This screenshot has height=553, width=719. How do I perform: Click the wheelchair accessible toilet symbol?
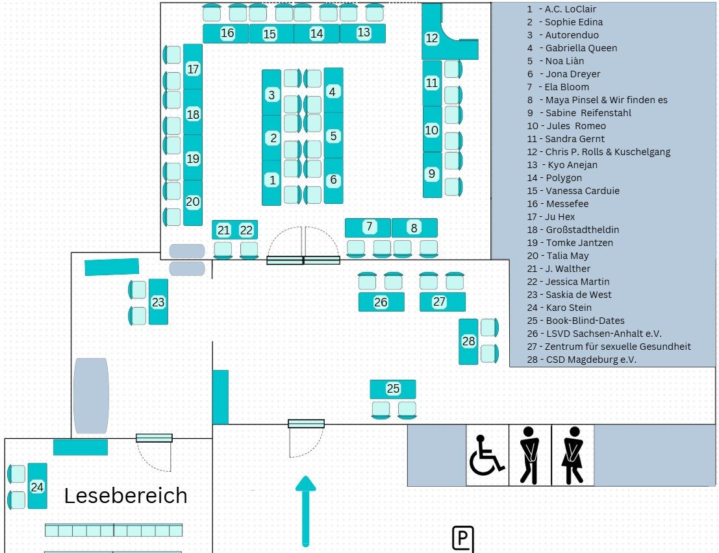coord(486,454)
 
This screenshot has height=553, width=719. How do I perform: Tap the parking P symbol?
coord(462,538)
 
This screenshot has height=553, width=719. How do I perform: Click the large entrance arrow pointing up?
coord(305,510)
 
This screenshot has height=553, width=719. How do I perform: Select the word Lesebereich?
coord(125,496)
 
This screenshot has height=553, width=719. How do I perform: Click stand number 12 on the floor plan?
coord(432,38)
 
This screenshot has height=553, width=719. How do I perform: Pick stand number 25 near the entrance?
coord(393,389)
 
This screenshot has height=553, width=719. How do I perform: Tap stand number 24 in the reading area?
coord(37,486)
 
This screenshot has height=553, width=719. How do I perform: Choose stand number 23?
coord(158,302)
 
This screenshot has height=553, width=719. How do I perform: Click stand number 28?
coord(468,341)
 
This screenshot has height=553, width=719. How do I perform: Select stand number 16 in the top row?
coord(227,33)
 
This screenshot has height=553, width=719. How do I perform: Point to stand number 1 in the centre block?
coord(272,180)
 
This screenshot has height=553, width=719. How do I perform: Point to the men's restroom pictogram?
coord(530,454)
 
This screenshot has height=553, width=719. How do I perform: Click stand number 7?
coord(368,227)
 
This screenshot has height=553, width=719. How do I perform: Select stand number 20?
coord(193,202)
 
